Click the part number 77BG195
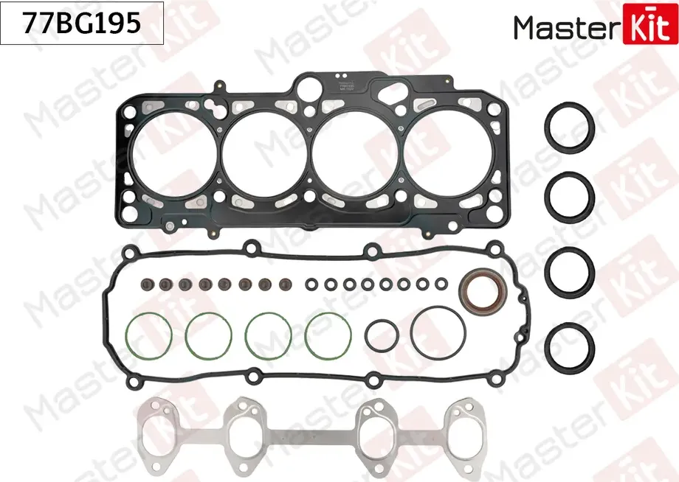coord(82,24)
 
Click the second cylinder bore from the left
coord(266,156)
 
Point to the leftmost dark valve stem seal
coord(148,284)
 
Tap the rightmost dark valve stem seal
coord(284,284)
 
